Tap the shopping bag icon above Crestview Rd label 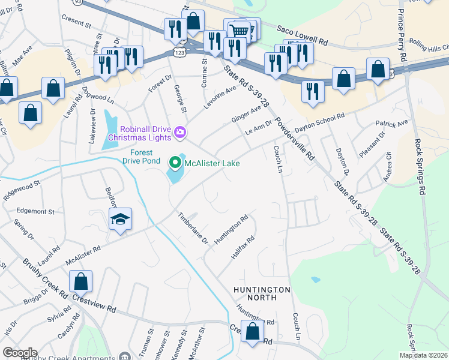[80, 281]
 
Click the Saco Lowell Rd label [302, 35]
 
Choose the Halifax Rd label [243, 247]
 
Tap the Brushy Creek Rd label [45, 275]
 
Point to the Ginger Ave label [246, 112]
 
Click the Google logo [20, 353]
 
